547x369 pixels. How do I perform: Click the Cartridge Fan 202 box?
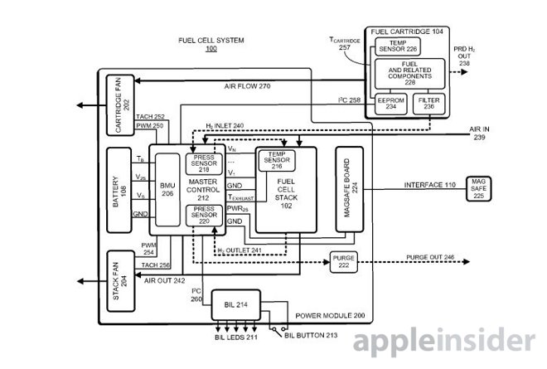coord(118,105)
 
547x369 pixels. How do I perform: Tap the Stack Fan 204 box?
coord(118,279)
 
